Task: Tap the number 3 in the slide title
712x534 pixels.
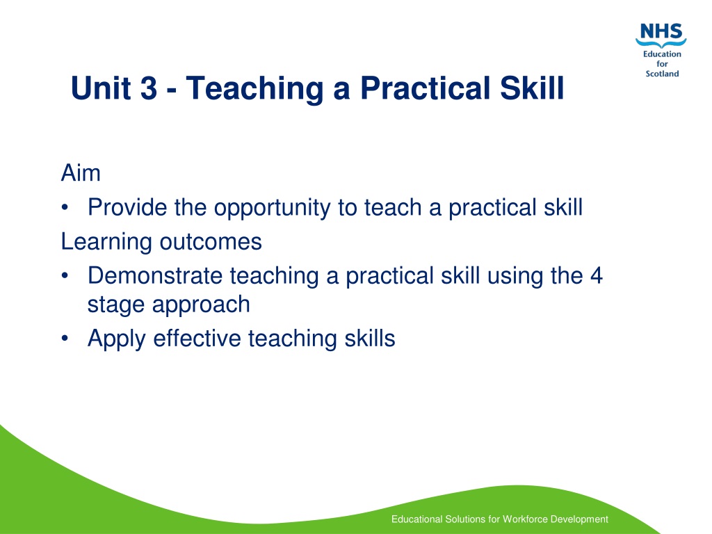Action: click(149, 88)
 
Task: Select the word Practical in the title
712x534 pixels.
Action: click(426, 88)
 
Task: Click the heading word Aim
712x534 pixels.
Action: click(81, 173)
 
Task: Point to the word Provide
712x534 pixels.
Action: click(128, 207)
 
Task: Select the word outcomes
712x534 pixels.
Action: click(211, 242)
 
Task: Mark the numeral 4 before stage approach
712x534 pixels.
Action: click(596, 275)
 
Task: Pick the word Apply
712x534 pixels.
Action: click(117, 339)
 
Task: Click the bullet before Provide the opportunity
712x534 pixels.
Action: click(65, 208)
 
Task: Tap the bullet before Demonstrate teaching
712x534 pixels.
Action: click(65, 276)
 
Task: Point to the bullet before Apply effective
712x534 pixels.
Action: click(65, 339)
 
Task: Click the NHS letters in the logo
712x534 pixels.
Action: click(661, 31)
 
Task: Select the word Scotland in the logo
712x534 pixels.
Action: click(662, 74)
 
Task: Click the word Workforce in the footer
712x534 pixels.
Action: click(525, 519)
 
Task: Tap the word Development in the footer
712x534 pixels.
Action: click(579, 519)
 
